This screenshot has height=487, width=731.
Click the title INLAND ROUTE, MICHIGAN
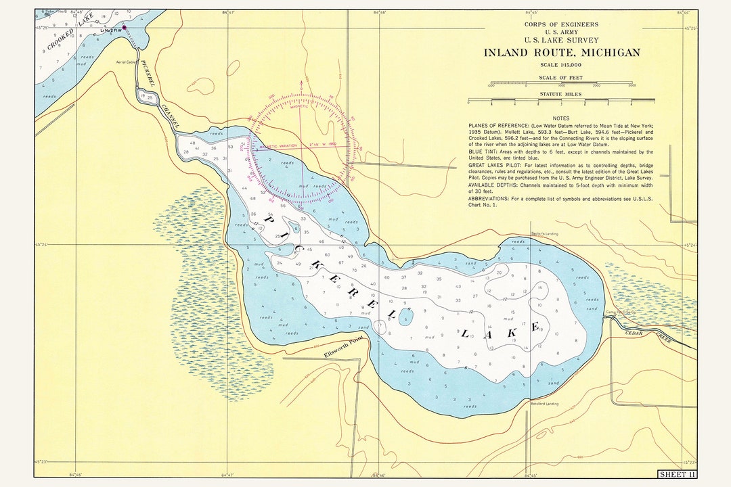coord(561,53)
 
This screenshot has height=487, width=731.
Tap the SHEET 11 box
coord(676,473)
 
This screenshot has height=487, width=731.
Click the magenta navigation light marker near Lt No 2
coord(124,27)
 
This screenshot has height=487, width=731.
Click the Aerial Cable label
coord(126,62)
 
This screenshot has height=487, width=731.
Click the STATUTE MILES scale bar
coord(561,101)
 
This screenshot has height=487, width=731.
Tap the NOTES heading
coord(560,118)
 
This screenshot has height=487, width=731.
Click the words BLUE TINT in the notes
coord(483,152)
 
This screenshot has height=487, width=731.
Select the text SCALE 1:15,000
coord(561,65)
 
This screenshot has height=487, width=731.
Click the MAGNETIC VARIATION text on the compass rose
coord(280,144)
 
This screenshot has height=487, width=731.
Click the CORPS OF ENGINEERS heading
coord(561,25)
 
